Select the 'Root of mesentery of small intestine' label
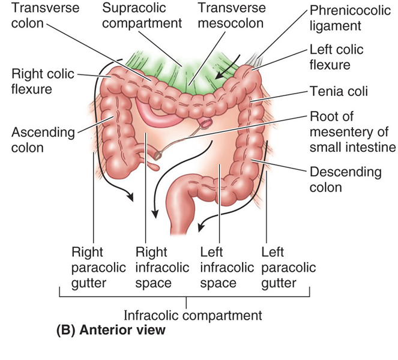[x=352, y=132]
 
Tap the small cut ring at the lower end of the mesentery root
[x=158, y=155]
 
